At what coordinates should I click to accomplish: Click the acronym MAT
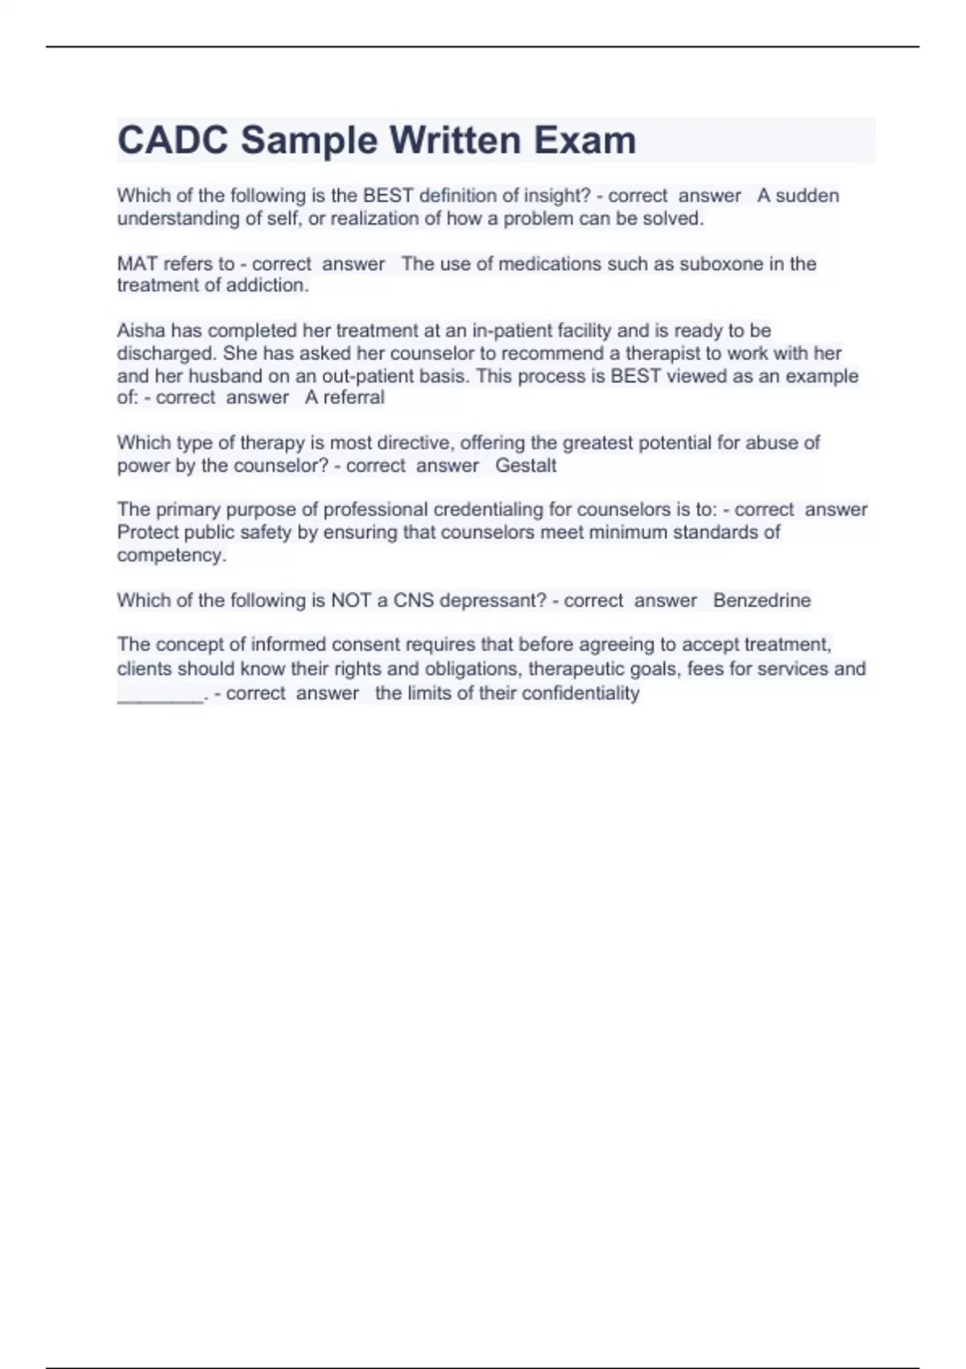[x=138, y=264]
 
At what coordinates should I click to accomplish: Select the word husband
[x=225, y=376]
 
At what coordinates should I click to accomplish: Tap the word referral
[x=353, y=398]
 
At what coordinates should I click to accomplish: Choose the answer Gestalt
[x=526, y=465]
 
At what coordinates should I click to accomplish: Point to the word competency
[x=171, y=556]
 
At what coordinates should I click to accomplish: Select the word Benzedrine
[x=762, y=601]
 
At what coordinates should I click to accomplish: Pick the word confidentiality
[x=580, y=693]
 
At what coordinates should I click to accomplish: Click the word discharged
[x=167, y=354]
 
